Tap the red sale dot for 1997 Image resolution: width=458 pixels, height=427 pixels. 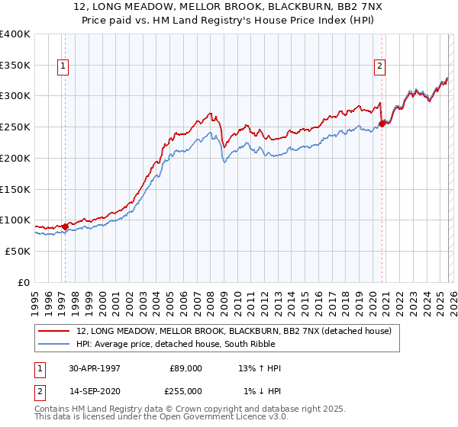[x=66, y=226]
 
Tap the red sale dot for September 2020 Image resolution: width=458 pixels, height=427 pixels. [x=382, y=123]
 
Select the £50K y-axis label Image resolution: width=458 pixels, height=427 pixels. [x=17, y=251]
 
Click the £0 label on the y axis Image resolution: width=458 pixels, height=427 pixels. [x=24, y=282]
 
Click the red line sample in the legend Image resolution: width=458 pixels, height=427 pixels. [x=54, y=331]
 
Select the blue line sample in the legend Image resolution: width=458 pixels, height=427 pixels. [x=54, y=344]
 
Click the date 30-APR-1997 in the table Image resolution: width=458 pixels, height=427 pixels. [x=95, y=368]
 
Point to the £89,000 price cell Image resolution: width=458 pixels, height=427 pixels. [x=186, y=368]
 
